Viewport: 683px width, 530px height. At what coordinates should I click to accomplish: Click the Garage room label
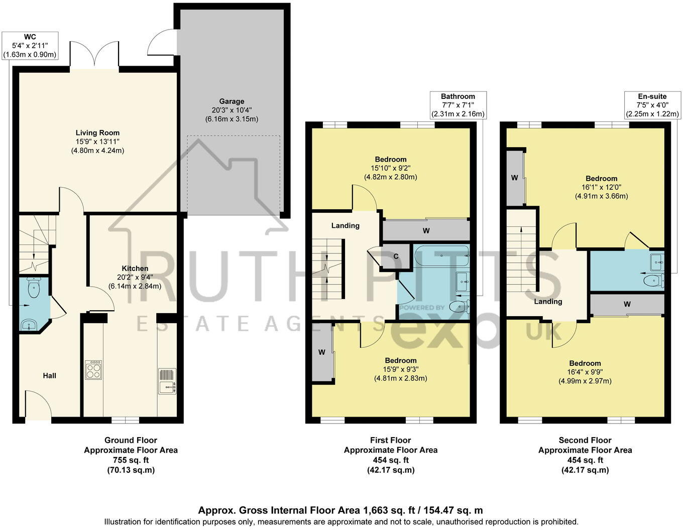tap(232, 101)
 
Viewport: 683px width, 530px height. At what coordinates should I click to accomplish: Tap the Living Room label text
tap(97, 133)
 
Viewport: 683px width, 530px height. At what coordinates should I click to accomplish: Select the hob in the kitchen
tap(93, 370)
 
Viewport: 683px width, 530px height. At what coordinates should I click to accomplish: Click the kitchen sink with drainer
tap(167, 381)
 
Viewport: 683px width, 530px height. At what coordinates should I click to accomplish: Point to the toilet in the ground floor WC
tap(34, 288)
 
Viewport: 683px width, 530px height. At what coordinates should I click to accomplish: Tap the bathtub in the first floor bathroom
tap(441, 256)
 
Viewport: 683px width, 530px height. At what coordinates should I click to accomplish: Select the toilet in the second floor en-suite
tap(653, 280)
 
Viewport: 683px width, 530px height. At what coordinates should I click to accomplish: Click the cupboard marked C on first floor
tap(396, 256)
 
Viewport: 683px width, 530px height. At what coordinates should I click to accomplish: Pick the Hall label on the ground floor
tap(49, 375)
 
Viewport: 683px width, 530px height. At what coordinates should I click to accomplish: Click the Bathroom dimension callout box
tap(458, 105)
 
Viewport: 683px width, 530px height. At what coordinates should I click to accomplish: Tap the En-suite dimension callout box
tap(652, 105)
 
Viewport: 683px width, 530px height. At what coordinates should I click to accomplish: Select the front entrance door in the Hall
tap(38, 407)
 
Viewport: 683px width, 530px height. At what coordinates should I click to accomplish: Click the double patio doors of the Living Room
tap(94, 55)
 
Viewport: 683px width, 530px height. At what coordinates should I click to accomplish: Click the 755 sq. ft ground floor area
tap(131, 460)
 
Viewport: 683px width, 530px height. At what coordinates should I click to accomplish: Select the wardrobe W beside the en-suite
tap(627, 304)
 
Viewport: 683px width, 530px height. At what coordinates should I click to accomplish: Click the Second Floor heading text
tap(585, 440)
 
